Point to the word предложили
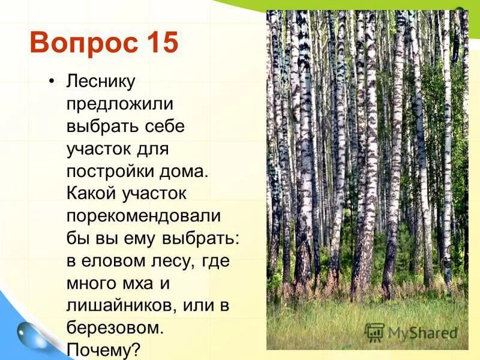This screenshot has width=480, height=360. pyautogui.click(x=119, y=104)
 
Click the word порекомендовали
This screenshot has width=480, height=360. pyautogui.click(x=143, y=216)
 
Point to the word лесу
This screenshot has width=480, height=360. pyautogui.click(x=173, y=261)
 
